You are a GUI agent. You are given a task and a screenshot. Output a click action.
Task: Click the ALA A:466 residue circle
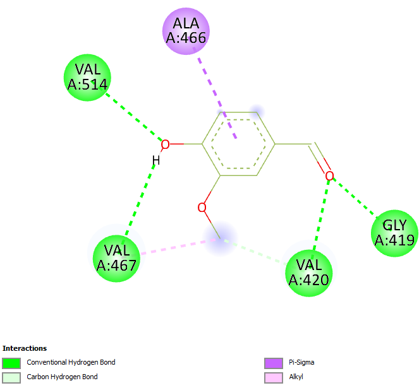point(186,31)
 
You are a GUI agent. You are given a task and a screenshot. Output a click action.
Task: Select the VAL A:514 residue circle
point(88,78)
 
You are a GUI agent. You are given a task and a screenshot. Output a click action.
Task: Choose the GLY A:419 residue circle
point(394,233)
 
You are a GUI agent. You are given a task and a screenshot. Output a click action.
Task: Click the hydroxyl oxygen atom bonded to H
point(165,144)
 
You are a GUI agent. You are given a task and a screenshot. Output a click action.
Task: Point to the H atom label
point(155,161)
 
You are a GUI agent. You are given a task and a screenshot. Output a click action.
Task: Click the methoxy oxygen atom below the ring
point(202,207)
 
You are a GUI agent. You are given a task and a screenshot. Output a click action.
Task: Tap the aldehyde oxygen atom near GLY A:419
point(329,175)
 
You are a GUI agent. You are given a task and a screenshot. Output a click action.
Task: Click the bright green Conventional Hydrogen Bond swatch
point(11,363)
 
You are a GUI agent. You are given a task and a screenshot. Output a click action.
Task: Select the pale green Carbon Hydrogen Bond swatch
point(11,377)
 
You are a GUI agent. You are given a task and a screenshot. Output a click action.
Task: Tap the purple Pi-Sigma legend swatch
point(272,363)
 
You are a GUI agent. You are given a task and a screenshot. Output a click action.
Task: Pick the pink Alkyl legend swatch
point(272,377)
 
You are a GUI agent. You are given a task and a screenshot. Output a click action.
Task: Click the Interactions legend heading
point(25,348)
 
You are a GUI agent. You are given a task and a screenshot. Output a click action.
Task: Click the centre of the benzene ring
point(238,144)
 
